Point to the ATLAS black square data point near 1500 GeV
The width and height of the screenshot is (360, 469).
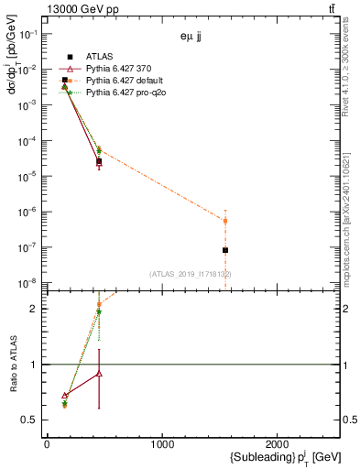[225, 250]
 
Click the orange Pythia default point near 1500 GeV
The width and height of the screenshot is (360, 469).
[225, 221]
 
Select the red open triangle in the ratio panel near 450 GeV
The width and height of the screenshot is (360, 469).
[99, 374]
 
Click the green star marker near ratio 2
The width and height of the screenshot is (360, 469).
[99, 311]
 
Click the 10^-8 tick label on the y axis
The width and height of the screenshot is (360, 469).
[30, 282]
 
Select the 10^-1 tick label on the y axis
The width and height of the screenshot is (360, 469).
[30, 34]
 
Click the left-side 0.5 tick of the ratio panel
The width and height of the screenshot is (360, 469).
[30, 420]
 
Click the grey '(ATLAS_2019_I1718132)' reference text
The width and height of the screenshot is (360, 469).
[191, 273]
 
